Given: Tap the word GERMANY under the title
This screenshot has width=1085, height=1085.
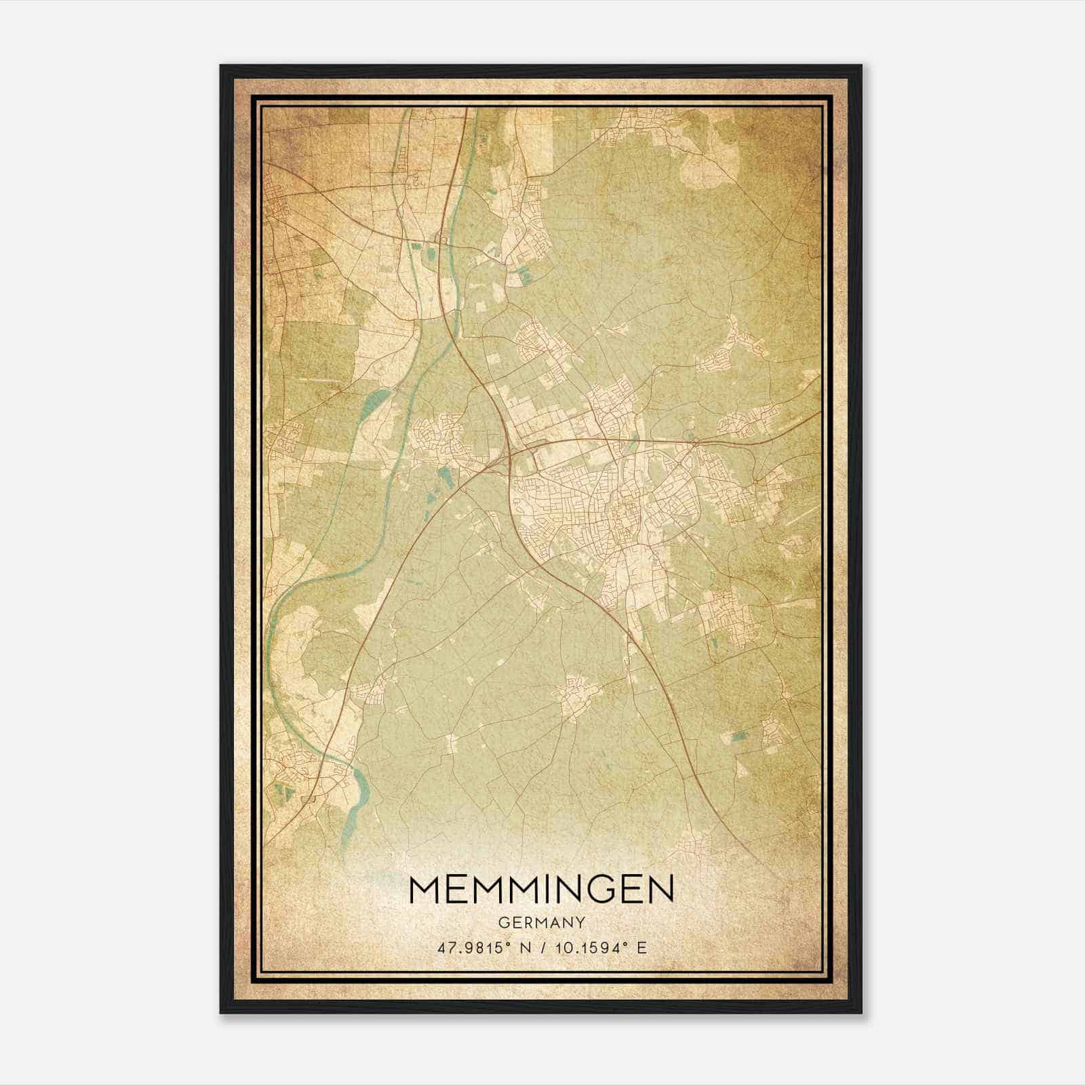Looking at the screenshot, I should click(x=542, y=922).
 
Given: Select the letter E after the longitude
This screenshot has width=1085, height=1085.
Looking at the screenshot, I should click(x=642, y=947).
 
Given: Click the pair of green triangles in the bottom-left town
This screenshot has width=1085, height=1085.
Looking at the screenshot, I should click(x=284, y=791).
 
